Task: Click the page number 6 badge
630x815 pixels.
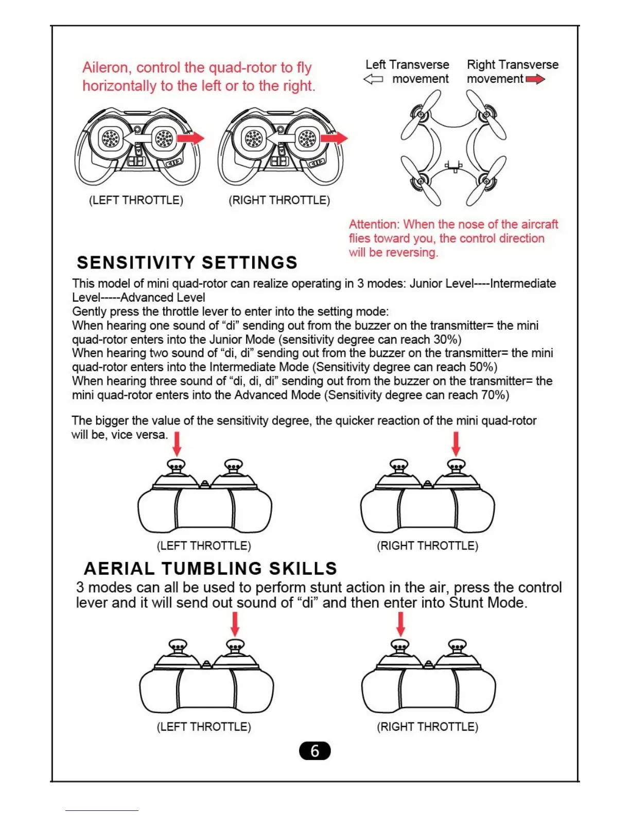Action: click(314, 751)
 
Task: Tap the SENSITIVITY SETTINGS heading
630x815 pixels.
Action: click(187, 262)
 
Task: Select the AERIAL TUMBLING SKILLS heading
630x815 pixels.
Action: click(210, 568)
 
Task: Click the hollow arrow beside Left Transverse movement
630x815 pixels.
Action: click(373, 79)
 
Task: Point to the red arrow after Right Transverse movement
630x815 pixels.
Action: click(535, 79)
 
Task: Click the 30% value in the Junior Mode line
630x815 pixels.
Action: click(447, 340)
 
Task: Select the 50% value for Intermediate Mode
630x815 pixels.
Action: click(483, 367)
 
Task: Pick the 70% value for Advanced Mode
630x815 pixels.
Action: click(495, 395)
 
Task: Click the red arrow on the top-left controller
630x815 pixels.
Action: click(190, 138)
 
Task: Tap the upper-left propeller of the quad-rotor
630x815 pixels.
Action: click(421, 114)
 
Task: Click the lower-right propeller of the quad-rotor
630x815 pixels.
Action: click(486, 181)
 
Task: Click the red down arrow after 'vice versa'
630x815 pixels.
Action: click(177, 444)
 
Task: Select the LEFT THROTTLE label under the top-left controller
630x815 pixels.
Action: click(136, 200)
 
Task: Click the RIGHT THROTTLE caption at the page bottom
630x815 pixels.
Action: click(427, 727)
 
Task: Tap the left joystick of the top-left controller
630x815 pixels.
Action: click(111, 138)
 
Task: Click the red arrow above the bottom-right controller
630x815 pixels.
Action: click(400, 624)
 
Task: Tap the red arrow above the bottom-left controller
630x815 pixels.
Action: click(235, 624)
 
